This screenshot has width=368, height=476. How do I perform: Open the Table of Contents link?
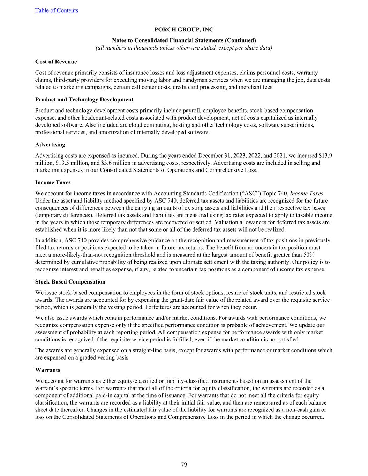57,10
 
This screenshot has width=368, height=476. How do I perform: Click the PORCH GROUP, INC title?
184,30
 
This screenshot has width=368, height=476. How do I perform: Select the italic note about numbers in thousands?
184,48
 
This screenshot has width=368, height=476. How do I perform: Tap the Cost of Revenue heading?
56,62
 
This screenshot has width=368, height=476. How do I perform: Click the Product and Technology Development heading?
84,100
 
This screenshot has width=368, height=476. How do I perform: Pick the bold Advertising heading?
50,145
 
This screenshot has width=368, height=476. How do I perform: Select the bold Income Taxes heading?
53,183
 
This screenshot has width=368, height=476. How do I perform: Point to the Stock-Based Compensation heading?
70,282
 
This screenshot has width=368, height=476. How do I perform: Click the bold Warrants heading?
48,370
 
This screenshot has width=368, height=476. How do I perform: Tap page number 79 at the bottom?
184,464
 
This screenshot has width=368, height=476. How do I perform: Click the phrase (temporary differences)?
60,215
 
